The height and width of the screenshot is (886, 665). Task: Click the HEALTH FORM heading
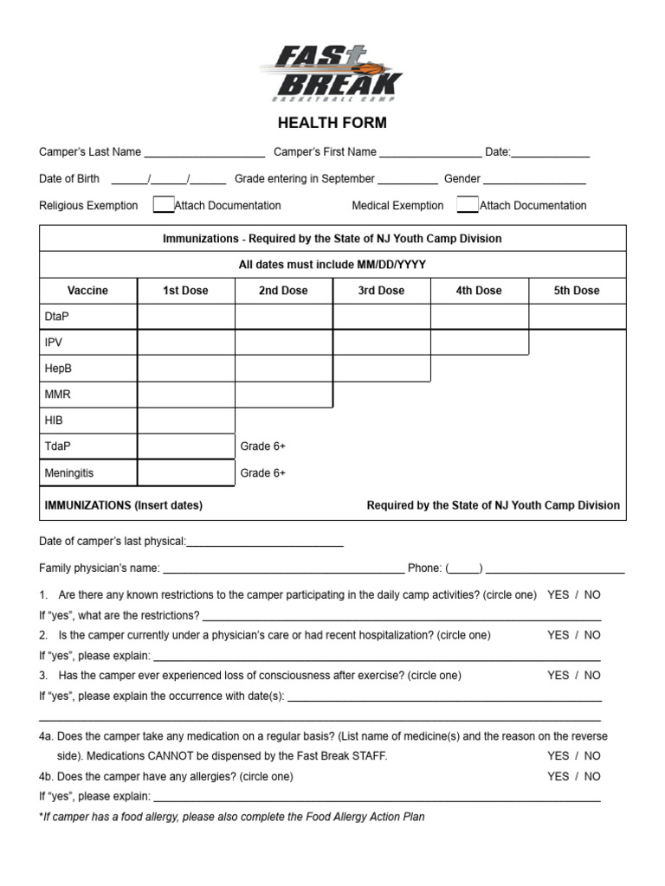click(x=332, y=123)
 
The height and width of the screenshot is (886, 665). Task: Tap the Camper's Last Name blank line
click(x=204, y=153)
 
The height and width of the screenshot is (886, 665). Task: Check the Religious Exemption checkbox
click(x=163, y=205)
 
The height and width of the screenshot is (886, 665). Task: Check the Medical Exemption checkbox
click(x=467, y=205)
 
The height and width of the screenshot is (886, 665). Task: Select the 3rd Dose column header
click(x=381, y=291)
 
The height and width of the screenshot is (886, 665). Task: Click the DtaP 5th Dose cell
click(x=577, y=317)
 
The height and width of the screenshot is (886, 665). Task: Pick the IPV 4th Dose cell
click(x=479, y=343)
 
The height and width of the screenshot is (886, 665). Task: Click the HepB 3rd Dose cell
click(x=381, y=369)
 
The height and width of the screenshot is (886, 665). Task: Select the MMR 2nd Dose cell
click(x=283, y=395)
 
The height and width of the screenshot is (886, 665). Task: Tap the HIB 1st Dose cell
click(x=185, y=421)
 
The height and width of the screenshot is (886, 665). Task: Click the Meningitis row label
click(x=68, y=473)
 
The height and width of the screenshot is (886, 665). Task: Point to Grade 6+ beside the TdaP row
click(x=262, y=446)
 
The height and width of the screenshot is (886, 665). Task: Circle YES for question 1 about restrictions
click(x=558, y=595)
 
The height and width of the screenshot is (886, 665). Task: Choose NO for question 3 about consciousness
click(x=592, y=675)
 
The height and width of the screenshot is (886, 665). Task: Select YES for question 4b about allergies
click(x=558, y=776)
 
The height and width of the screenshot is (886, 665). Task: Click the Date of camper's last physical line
click(x=265, y=543)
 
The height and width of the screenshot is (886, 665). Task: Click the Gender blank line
click(x=534, y=180)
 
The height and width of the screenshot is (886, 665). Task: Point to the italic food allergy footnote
click(x=232, y=817)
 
